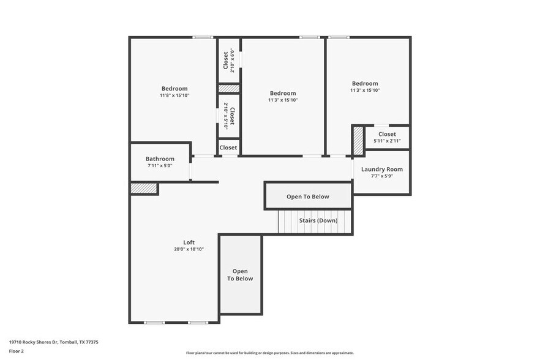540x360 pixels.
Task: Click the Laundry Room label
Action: click(x=381, y=169)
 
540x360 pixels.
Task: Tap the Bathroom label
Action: click(x=160, y=159)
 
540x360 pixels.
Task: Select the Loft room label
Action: click(x=189, y=242)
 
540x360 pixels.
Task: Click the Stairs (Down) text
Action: click(x=318, y=220)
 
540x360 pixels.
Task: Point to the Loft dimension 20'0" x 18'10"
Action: click(x=189, y=249)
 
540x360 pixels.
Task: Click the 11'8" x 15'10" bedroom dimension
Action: click(x=174, y=96)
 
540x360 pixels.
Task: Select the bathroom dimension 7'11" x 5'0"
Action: click(x=160, y=166)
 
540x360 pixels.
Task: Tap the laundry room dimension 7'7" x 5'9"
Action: click(x=381, y=176)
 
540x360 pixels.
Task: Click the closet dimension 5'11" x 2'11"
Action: click(x=387, y=141)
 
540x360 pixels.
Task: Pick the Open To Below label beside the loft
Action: click(x=240, y=275)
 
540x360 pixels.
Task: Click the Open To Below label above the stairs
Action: click(x=307, y=197)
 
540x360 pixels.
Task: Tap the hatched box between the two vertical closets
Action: click(x=228, y=89)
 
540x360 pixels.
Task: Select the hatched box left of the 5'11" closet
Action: click(x=358, y=141)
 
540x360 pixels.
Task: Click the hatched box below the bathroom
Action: click(x=143, y=189)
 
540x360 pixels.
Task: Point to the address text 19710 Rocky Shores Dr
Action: click(x=54, y=342)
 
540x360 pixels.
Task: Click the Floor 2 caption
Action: click(x=17, y=351)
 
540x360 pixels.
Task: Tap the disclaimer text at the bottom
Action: click(x=269, y=353)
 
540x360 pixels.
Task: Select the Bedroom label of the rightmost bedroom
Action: click(x=364, y=83)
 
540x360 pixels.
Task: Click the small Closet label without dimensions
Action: click(x=228, y=148)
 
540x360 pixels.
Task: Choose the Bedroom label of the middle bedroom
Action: click(x=283, y=93)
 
